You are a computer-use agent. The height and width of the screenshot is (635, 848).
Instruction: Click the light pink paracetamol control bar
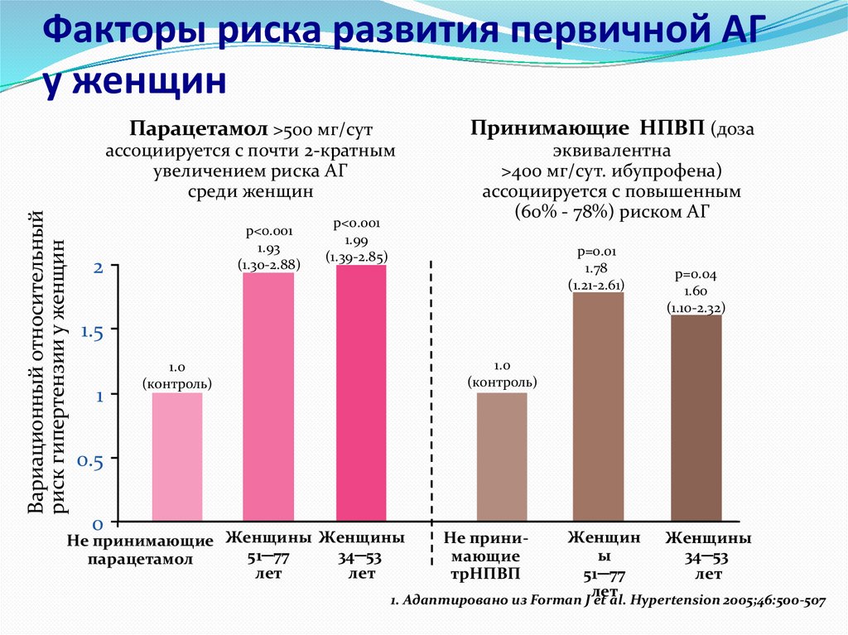pos(176,457)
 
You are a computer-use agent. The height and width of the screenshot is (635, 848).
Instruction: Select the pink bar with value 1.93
pos(267,397)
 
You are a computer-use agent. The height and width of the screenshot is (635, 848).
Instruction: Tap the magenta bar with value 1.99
pos(361,394)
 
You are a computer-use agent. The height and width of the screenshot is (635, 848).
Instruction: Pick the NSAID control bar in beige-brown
pos(501,457)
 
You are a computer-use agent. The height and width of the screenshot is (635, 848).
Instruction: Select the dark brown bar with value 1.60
pos(696,418)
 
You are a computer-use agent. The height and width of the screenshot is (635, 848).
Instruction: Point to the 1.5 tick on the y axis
pos(90,331)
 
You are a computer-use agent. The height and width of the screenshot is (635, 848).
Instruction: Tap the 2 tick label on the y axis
pos(98,267)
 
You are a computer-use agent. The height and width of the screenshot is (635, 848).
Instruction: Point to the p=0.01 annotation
pos(596,252)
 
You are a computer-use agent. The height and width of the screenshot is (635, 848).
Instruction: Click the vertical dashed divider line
pos(433,397)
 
